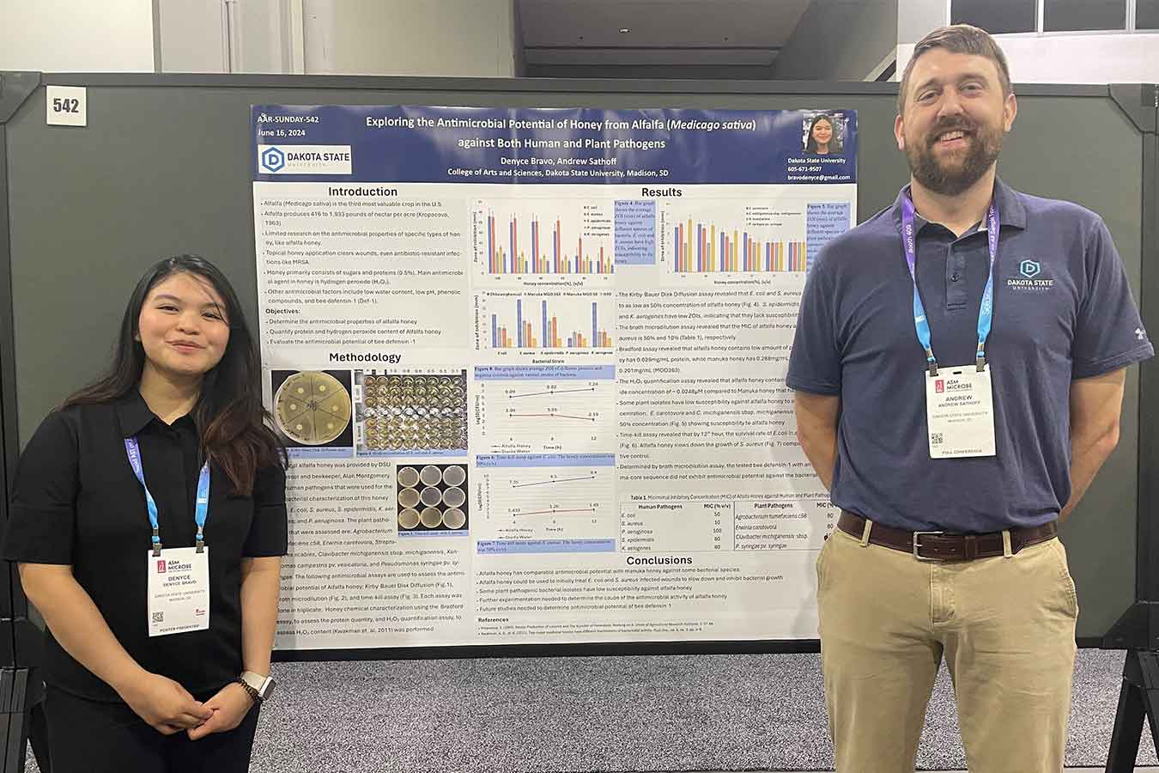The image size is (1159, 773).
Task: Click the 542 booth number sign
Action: pos(66,106)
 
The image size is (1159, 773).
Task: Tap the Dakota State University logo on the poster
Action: pos(305,159)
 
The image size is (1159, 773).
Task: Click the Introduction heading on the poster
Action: pos(363,192)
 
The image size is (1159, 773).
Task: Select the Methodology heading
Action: pos(365,357)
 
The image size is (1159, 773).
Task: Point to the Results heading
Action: pos(660,192)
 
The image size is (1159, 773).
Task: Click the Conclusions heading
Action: pos(658,560)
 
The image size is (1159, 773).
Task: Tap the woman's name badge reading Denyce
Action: pos(179,591)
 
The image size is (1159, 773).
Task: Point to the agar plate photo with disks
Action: pos(312,409)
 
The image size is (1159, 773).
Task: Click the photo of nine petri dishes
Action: pos(431,500)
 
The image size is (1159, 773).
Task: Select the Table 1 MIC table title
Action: pos(725,496)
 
